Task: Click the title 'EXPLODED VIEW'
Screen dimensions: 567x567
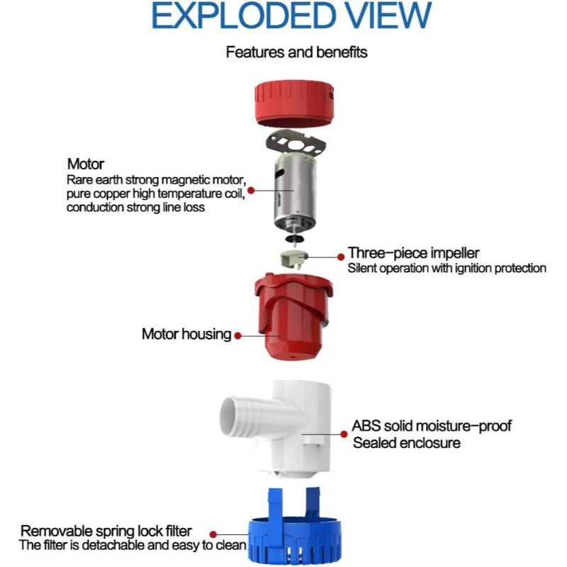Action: click(x=291, y=16)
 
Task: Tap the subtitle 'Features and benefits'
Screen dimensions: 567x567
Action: click(x=296, y=52)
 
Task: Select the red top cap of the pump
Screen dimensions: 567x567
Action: click(x=294, y=103)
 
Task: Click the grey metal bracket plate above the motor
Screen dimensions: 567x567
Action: click(x=296, y=143)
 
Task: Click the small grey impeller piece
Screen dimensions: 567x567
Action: click(x=294, y=259)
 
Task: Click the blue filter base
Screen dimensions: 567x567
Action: click(x=294, y=528)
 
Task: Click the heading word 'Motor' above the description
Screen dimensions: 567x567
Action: click(x=86, y=164)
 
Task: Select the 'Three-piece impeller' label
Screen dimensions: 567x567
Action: click(x=414, y=253)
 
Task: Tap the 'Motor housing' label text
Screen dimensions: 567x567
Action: click(x=186, y=334)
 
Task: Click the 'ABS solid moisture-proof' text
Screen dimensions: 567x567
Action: click(x=432, y=426)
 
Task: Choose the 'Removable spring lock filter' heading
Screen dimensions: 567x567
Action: click(x=106, y=531)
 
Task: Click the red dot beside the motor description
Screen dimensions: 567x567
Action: click(x=251, y=190)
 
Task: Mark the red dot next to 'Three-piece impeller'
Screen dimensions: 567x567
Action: click(x=341, y=257)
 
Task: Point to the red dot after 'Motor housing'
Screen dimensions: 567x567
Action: click(x=237, y=336)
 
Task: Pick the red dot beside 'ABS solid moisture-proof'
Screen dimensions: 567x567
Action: click(x=344, y=434)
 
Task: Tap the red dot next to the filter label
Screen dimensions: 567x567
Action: click(x=213, y=534)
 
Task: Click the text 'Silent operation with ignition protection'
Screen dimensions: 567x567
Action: click(x=447, y=269)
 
